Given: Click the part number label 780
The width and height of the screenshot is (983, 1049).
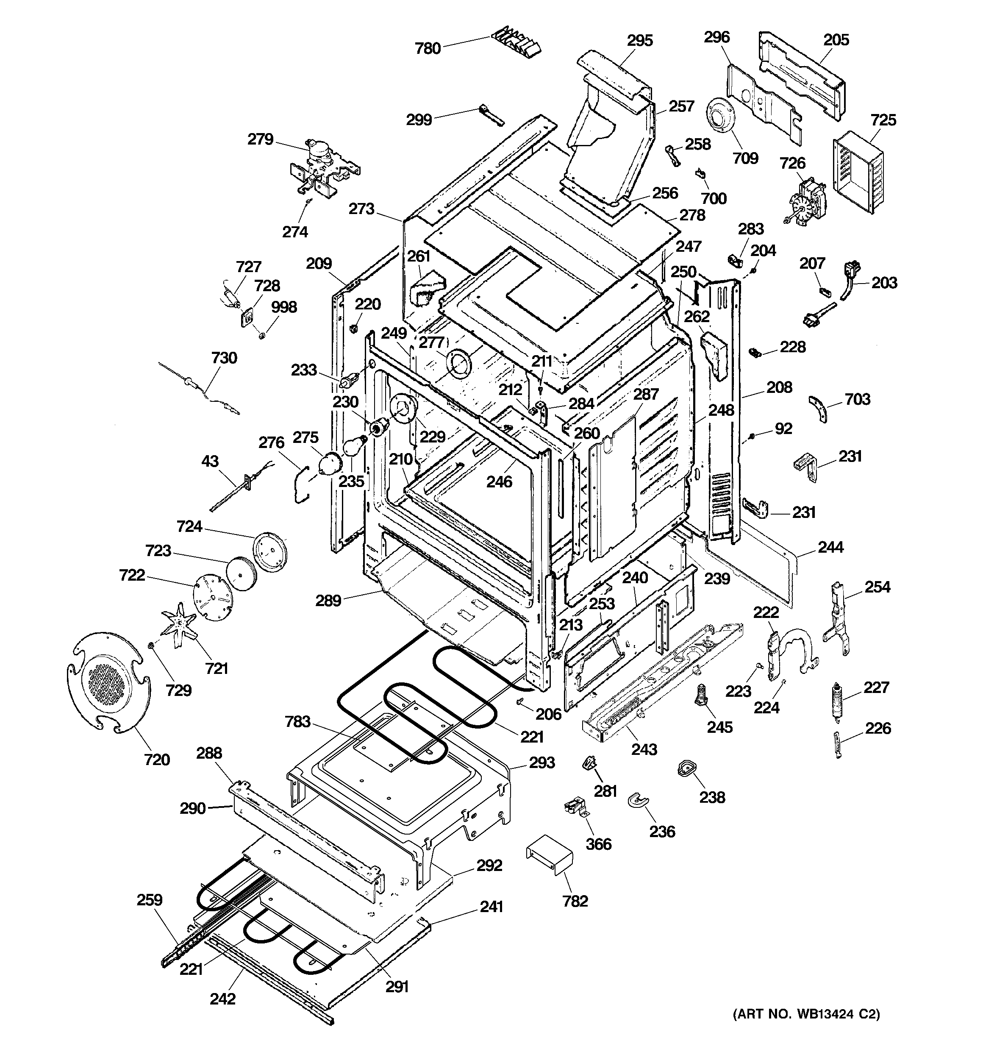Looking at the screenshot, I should pos(428,49).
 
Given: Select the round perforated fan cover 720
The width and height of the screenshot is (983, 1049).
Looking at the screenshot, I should pos(108,682).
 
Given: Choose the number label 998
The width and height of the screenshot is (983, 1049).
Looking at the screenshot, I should pos(284,307).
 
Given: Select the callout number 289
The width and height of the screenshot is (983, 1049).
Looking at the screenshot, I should pos(328,601).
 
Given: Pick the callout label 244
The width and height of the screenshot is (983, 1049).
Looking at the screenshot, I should pos(830,547).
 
